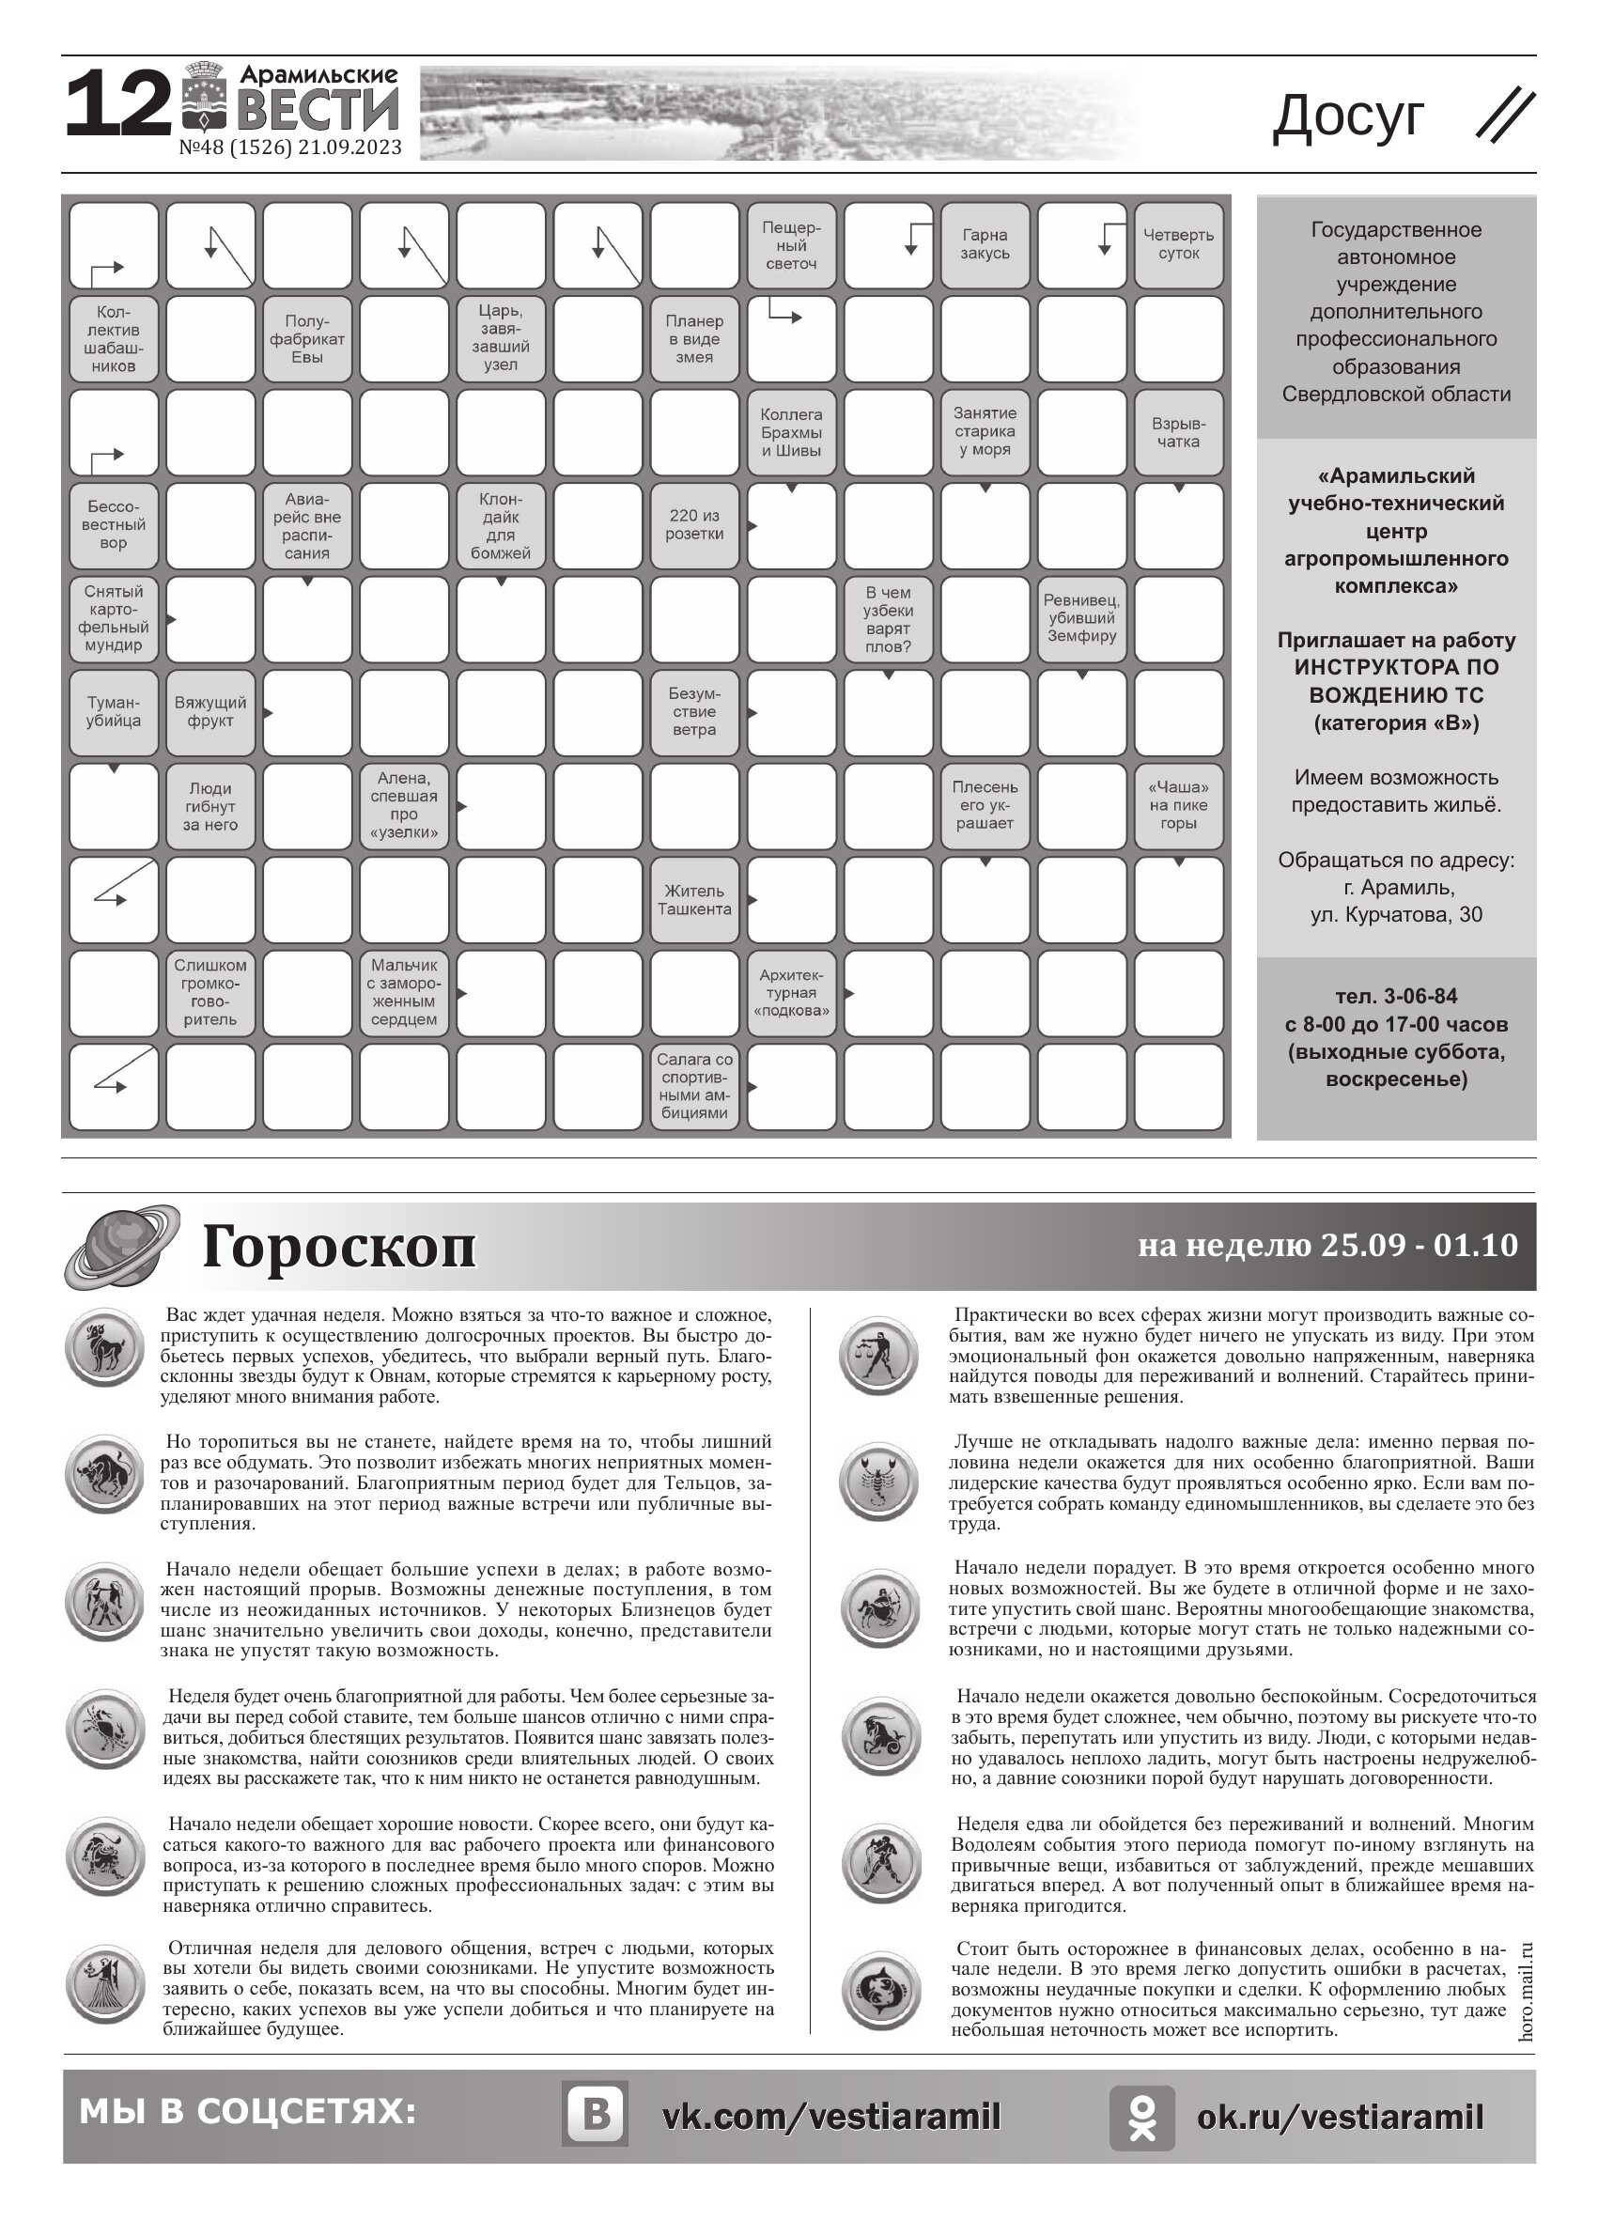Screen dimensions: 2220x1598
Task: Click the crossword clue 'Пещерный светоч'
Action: [x=791, y=244]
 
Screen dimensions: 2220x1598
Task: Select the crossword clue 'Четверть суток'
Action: [x=1178, y=244]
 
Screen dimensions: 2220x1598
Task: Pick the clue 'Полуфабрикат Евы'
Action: [x=307, y=338]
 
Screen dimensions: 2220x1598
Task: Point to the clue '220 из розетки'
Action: [x=694, y=524]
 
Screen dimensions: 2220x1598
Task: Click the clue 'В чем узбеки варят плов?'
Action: [x=888, y=618]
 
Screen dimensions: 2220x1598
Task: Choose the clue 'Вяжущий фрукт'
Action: [x=210, y=711]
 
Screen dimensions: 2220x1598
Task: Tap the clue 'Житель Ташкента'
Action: [x=694, y=899]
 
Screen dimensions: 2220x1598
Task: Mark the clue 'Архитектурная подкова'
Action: [x=791, y=992]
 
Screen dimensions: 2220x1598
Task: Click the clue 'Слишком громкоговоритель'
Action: [x=210, y=992]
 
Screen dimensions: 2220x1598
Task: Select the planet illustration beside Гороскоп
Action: [x=122, y=1246]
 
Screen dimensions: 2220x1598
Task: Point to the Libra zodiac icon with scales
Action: [x=879, y=1355]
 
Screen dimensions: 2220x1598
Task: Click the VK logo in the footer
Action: [x=595, y=2117]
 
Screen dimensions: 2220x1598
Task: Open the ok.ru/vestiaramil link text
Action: [x=1340, y=2118]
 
